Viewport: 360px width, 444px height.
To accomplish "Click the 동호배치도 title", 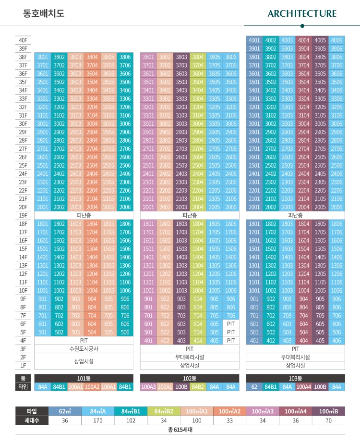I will pos(44,13).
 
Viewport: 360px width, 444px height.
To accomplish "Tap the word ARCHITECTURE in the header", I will pos(302,13).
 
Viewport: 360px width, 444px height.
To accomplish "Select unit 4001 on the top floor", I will pos(254,40).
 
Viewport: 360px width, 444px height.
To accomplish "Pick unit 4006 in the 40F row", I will pos(336,40).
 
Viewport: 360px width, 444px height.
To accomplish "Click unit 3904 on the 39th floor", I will pos(303,49).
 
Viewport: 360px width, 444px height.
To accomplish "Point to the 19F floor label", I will pos(23,216).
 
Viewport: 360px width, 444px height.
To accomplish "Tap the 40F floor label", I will pos(23,40).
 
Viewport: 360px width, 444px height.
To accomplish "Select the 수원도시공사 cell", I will pos(84,349).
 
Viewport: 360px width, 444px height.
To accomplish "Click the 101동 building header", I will pos(84,378).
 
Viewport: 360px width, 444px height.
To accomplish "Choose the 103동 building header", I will pos(295,378).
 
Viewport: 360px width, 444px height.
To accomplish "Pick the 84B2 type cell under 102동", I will pos(198,387).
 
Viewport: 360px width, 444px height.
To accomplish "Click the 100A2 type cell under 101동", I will pos(92,387).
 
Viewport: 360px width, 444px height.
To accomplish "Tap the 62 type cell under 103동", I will pos(254,387).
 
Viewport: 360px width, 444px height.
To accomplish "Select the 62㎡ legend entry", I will pos(65,411).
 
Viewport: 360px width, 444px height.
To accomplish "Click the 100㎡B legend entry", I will pos(328,411).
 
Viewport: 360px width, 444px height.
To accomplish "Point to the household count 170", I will pos(98,420).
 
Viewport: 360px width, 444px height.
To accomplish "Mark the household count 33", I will pos(229,420).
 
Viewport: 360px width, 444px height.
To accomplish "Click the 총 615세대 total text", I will pos(180,430).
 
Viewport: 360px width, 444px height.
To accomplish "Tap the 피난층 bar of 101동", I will pos(84,216).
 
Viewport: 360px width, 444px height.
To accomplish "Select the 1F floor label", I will pos(23,365).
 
